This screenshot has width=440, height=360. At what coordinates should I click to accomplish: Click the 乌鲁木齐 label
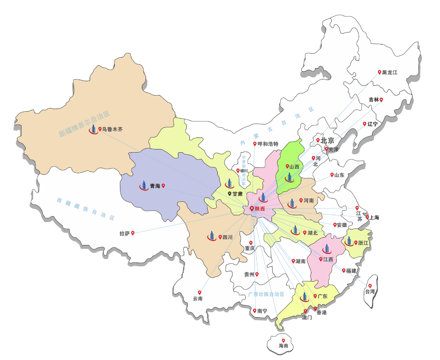point(113,130)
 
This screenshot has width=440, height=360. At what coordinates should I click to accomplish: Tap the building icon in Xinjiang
point(93,129)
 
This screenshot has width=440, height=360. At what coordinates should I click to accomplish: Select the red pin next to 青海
point(164,186)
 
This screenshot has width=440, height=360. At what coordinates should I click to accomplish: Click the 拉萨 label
point(124,234)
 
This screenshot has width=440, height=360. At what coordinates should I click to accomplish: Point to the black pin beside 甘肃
point(230,194)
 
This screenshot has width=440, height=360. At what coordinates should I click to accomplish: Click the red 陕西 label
point(260,209)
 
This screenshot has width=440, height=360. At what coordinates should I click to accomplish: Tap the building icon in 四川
point(212,235)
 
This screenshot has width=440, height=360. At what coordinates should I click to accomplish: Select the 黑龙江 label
point(389,73)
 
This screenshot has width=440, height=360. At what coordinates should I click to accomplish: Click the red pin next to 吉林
point(381,99)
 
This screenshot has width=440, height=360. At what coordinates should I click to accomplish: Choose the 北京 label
point(327,140)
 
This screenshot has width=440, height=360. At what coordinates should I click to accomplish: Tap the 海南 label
point(283,346)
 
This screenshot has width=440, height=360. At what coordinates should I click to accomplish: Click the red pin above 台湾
point(370,286)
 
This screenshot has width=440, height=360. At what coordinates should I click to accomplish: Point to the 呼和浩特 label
point(268,144)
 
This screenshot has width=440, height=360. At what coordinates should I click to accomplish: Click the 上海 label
point(374,217)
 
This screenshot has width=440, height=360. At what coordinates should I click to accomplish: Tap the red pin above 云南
point(200,292)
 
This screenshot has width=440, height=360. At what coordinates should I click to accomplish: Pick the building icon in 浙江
point(349,241)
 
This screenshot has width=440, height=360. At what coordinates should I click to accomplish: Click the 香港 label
point(321,313)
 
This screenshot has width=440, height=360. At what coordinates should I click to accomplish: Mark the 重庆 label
point(250,248)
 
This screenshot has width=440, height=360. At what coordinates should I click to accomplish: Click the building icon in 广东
point(304,297)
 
